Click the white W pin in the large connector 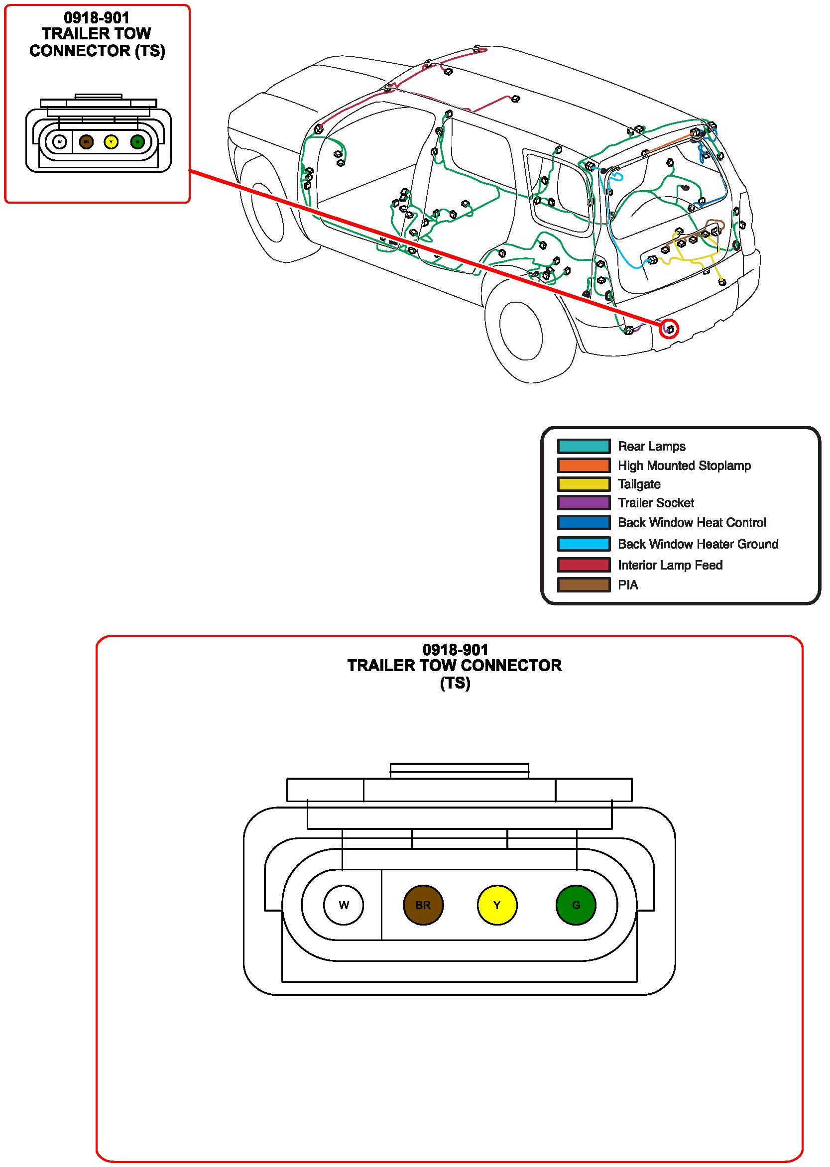coord(344,905)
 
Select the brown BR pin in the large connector coord(423,905)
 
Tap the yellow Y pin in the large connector coord(497,905)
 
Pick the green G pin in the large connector coord(576,905)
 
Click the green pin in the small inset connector coord(137,141)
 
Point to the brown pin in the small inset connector coord(86,141)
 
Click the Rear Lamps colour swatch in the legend coord(583,446)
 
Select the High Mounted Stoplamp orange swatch coord(583,465)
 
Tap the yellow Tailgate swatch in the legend coord(583,484)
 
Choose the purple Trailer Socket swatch coord(583,503)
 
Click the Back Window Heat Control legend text coord(692,522)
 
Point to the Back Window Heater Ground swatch coord(583,544)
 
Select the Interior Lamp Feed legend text coord(670,565)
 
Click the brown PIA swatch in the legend coord(583,584)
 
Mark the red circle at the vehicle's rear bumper coord(669,329)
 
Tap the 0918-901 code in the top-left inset coord(97,18)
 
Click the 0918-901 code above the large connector coord(456,649)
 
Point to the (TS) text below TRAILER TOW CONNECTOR coord(455,683)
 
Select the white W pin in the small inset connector coord(60,141)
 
